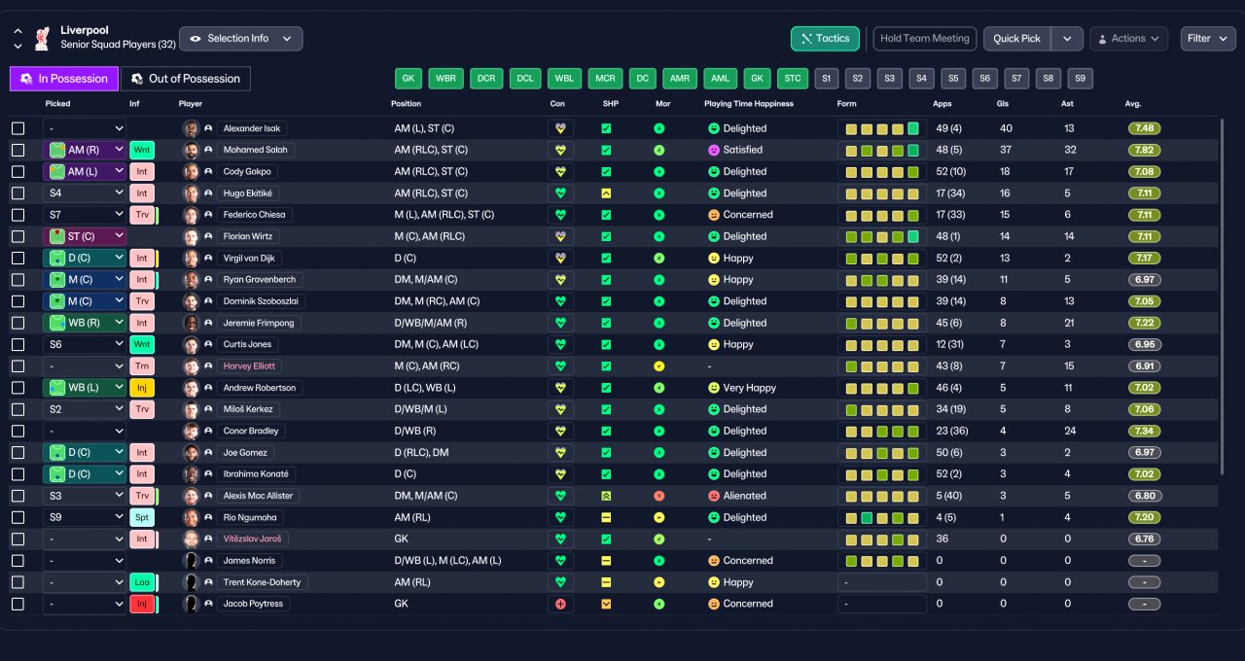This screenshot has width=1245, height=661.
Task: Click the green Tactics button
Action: pos(825,39)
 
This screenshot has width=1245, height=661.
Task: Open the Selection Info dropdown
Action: pos(241,39)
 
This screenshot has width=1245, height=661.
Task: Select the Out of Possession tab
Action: pos(186,79)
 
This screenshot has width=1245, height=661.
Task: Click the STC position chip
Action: pos(792,79)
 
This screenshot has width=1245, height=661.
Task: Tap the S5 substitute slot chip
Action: pos(953,79)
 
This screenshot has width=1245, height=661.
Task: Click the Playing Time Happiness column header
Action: pos(749,104)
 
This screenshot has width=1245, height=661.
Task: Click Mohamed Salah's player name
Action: pos(255,150)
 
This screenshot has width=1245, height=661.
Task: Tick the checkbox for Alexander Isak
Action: pos(18,129)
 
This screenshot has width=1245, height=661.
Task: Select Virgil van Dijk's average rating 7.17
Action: pos(1144,259)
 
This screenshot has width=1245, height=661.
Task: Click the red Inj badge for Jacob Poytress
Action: pos(142,604)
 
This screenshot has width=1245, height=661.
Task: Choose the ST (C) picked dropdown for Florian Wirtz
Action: pos(85,236)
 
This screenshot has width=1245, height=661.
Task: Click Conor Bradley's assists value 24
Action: pos(1070,431)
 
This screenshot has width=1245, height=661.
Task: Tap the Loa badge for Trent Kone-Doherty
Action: pos(142,582)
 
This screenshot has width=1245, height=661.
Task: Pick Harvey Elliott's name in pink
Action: pos(249,366)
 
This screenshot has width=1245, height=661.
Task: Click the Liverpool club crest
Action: pos(42,38)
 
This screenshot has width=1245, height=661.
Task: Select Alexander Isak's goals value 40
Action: pos(1006,129)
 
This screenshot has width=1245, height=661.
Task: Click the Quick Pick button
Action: pos(1016,39)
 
